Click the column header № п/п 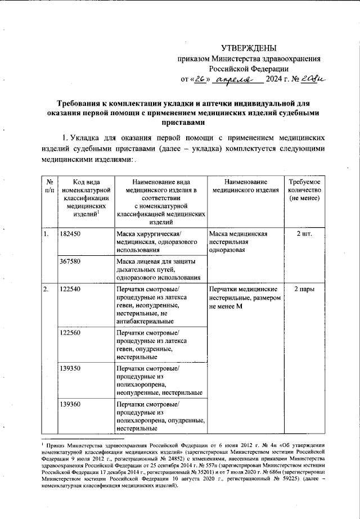(49, 187)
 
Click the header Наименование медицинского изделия (245, 187)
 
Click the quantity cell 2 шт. (304, 234)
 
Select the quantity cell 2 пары (304, 289)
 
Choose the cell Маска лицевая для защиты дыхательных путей (160, 269)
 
